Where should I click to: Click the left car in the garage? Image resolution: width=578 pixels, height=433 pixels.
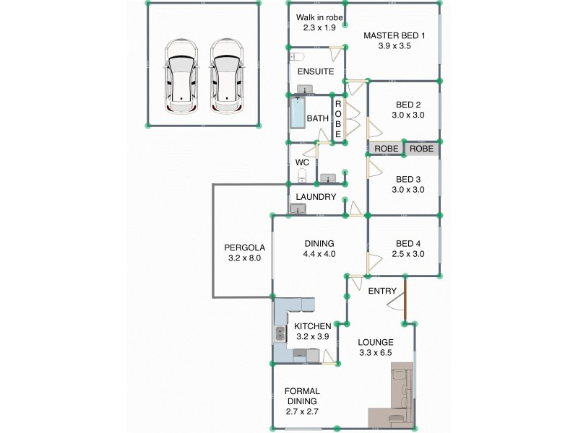[x=180, y=76]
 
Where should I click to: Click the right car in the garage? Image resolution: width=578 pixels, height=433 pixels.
[x=226, y=76]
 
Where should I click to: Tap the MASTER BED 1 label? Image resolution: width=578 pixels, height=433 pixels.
[x=394, y=35]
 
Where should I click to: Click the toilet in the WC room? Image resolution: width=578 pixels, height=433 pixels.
[x=302, y=175]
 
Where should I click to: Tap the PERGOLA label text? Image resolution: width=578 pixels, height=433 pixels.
[x=243, y=247]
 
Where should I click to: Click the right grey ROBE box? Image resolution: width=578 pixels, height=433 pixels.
[x=421, y=149]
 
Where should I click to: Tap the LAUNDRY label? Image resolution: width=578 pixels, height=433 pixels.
[x=316, y=197]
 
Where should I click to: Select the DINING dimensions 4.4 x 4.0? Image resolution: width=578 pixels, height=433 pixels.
[x=319, y=254]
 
